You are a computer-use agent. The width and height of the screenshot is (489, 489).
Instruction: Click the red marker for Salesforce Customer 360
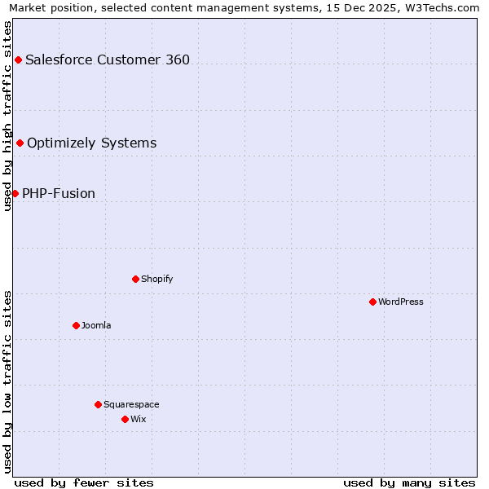(18, 59)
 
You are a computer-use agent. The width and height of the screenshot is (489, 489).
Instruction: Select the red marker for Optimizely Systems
(20, 143)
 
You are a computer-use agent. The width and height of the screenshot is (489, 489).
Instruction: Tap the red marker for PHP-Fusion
(15, 193)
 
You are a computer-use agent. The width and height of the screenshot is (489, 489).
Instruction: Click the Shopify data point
(135, 279)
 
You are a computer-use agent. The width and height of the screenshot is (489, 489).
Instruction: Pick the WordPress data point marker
(372, 302)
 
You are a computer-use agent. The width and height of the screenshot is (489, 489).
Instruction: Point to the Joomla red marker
(76, 325)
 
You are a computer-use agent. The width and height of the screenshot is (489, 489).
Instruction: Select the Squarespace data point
(98, 404)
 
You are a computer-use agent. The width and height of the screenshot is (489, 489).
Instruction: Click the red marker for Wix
(125, 419)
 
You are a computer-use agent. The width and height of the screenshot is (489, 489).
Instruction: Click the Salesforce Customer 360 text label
(108, 59)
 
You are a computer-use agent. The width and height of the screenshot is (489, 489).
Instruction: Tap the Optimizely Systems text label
(91, 143)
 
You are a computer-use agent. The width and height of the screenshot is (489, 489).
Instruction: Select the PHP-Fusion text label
(59, 193)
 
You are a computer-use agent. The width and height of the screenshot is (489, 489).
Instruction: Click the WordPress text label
(401, 302)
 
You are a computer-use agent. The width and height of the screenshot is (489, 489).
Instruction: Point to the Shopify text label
(156, 279)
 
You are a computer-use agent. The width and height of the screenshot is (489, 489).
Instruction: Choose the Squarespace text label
(131, 404)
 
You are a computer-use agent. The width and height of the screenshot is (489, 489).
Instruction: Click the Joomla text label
(96, 325)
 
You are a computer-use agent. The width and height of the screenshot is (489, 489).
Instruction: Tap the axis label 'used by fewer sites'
(84, 482)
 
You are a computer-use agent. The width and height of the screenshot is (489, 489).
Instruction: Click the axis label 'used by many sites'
(409, 482)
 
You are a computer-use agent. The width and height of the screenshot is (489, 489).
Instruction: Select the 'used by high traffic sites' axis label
(7, 116)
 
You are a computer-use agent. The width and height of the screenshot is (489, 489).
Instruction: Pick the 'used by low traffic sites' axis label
(7, 381)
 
